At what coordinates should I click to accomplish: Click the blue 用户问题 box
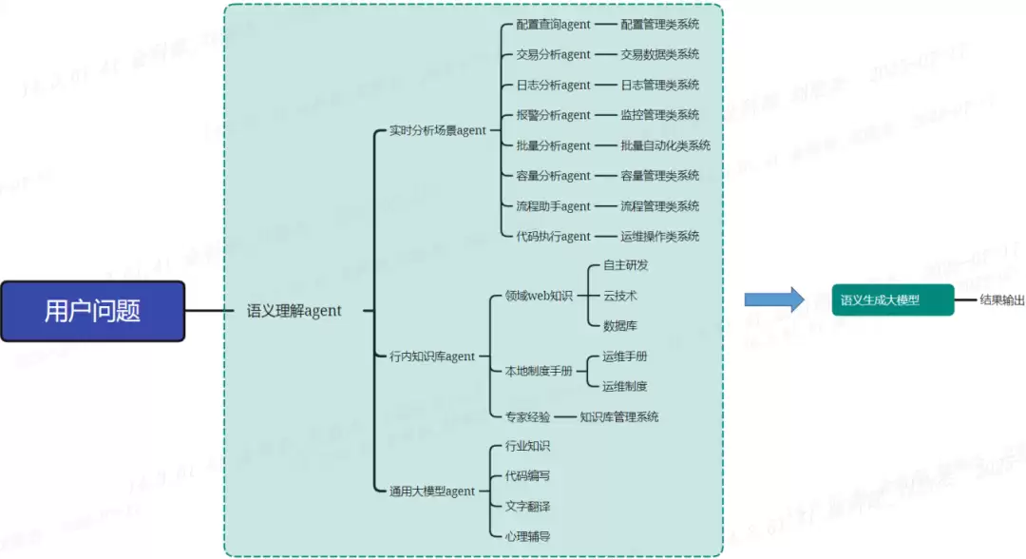(92, 311)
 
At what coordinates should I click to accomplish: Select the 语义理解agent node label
(294, 311)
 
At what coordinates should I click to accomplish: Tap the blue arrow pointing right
(773, 300)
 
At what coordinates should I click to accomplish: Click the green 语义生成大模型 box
(892, 300)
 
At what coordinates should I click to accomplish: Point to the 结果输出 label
(1002, 300)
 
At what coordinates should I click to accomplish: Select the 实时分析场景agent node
(437, 130)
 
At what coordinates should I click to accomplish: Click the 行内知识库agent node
(432, 357)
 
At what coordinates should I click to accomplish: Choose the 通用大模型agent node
(432, 492)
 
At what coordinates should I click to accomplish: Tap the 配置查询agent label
(553, 25)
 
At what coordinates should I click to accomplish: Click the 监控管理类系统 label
(659, 115)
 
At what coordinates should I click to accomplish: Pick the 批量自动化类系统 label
(665, 145)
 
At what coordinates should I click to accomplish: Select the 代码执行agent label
(553, 236)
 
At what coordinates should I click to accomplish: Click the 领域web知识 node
(539, 296)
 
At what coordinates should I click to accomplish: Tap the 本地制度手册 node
(539, 372)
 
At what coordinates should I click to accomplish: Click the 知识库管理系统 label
(618, 416)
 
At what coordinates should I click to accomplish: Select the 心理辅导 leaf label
(527, 536)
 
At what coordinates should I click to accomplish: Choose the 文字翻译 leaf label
(527, 506)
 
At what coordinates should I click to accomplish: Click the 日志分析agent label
(553, 85)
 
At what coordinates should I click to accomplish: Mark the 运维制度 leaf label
(624, 386)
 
